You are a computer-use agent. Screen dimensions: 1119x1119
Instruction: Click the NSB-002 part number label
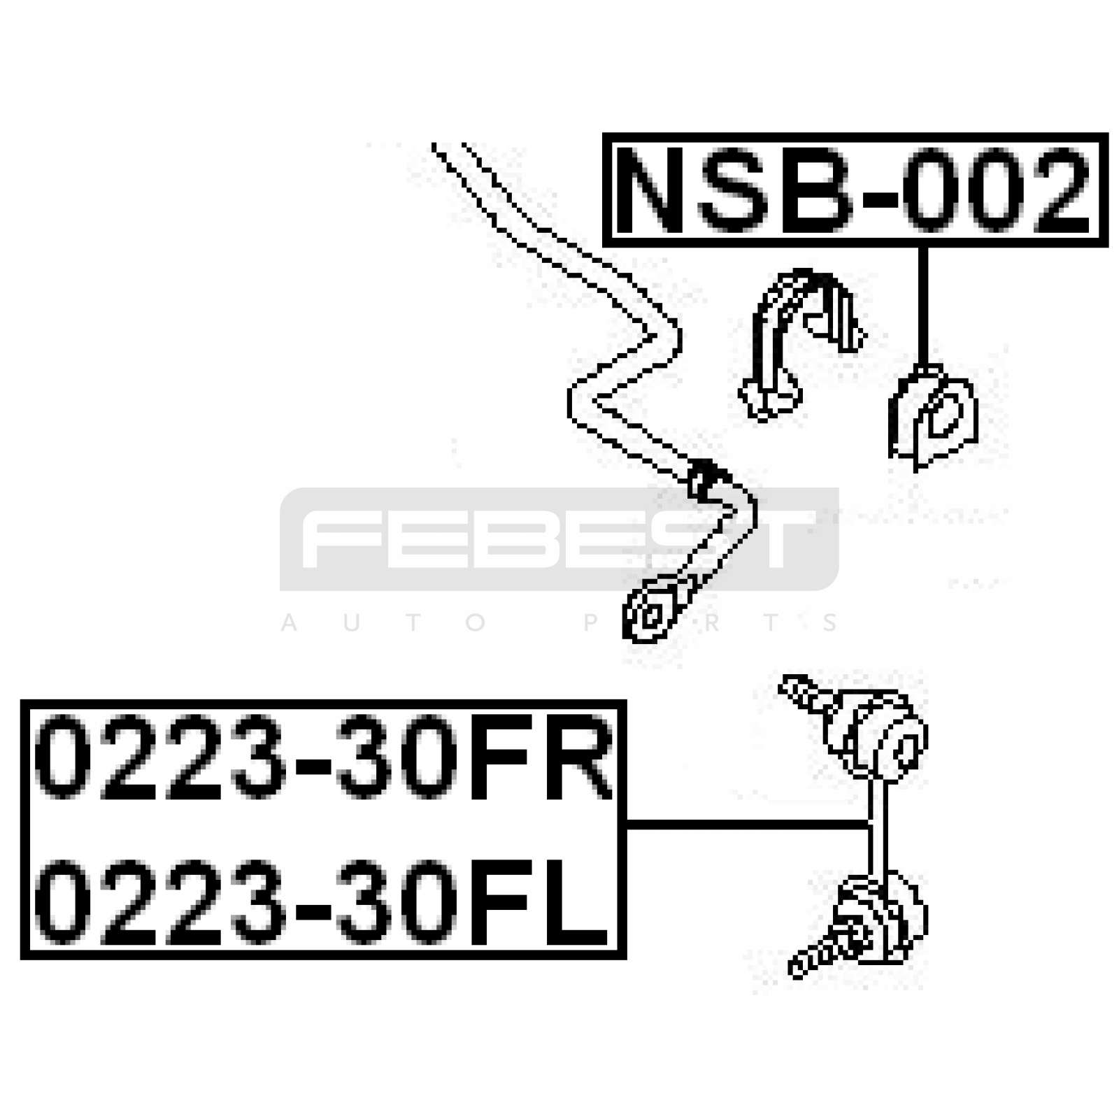(x=855, y=190)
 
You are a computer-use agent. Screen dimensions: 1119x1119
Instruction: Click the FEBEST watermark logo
(x=559, y=539)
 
